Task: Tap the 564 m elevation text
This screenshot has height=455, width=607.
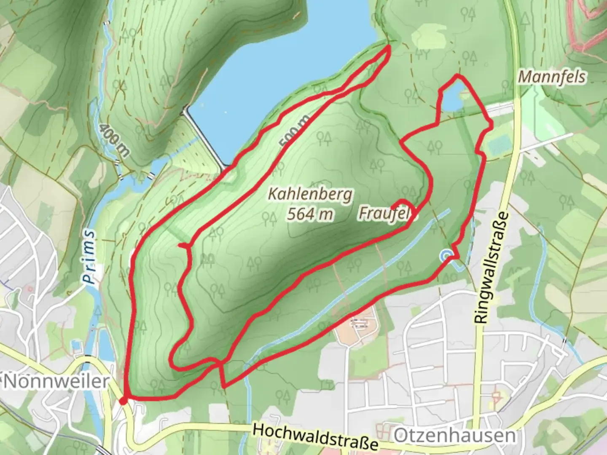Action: click(x=310, y=214)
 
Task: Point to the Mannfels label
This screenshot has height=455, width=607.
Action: click(x=552, y=77)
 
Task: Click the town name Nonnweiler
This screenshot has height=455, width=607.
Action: click(x=56, y=382)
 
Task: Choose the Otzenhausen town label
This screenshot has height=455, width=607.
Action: click(x=454, y=436)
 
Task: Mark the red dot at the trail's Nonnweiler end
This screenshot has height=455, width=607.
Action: click(x=123, y=401)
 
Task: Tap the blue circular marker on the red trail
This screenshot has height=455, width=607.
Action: click(x=446, y=255)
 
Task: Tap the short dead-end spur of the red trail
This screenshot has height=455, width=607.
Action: click(x=183, y=245)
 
